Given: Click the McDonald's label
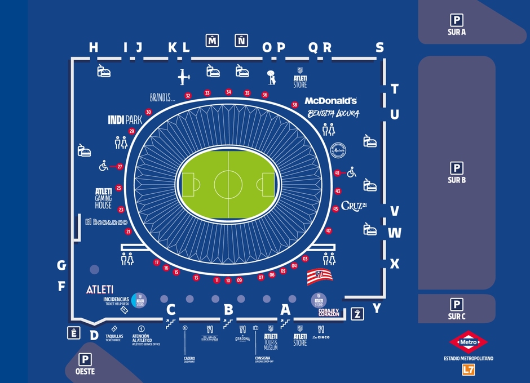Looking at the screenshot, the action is pos(331,101).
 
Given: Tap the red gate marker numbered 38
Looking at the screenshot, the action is pos(294,105).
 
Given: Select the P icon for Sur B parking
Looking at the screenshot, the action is pos(457,168).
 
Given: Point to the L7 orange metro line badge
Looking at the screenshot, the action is pos(468,369).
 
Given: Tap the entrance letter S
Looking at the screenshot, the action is pos(379,48).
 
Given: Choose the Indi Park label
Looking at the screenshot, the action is pos(125,120).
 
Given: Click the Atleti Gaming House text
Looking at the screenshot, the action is pos(103,198).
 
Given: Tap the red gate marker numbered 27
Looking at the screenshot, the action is pos(120,166).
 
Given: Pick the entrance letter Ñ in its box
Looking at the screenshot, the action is pos(241,40).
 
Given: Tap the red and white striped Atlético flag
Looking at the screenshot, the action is pos(319,277).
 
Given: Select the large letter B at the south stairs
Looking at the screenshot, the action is pos(228,309).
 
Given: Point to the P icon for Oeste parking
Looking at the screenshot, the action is pos(85,359).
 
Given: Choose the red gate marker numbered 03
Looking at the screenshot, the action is pos(305,259).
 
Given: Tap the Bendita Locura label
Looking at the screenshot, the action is pos(333,114).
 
